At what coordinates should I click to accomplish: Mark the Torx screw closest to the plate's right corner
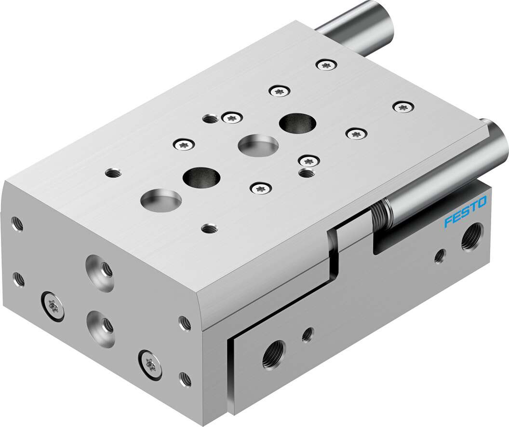401,107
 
